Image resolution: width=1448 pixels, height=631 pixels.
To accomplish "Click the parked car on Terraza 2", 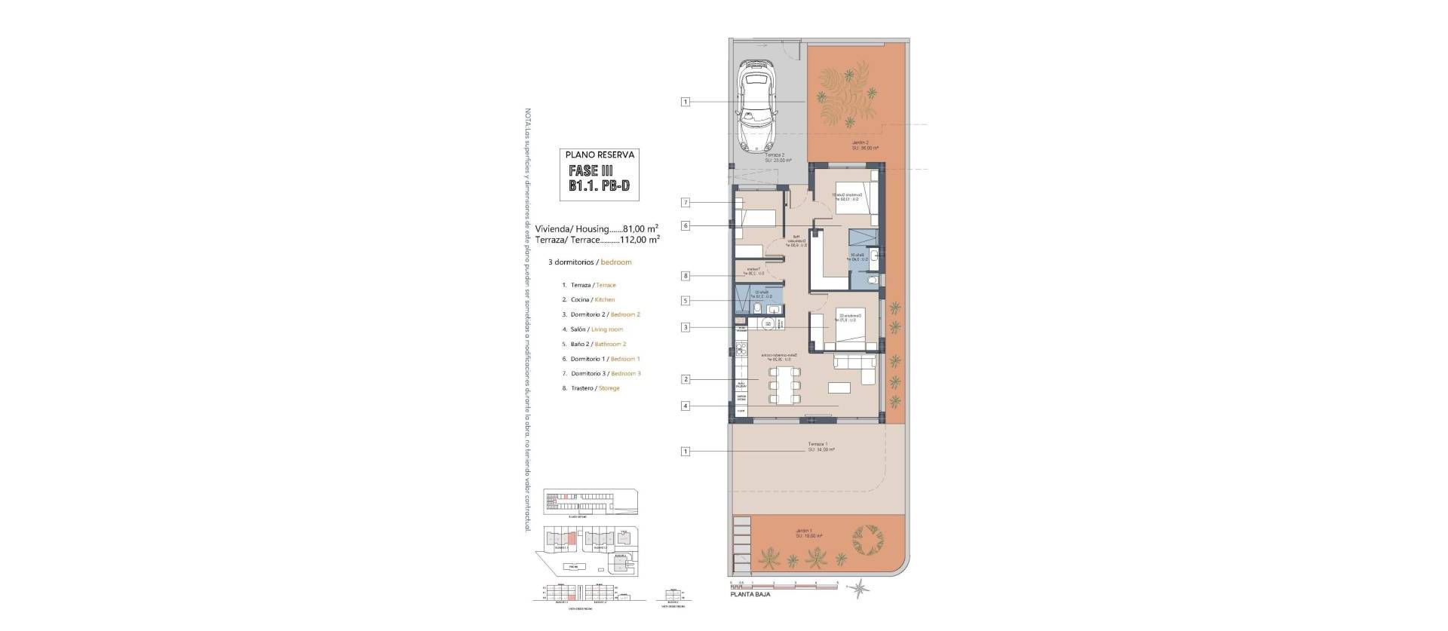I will [x=756, y=106].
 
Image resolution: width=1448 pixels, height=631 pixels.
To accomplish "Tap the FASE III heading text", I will [x=591, y=170].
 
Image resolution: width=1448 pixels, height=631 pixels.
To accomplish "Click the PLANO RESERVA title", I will [x=600, y=155].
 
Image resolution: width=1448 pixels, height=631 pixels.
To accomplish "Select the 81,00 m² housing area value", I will [x=641, y=228].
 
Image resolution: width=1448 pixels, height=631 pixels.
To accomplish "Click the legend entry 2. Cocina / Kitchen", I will [x=588, y=300].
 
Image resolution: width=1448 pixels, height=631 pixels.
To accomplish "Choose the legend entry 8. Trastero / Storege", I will [x=591, y=388].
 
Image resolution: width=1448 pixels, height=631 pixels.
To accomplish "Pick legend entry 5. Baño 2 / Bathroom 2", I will [x=594, y=344].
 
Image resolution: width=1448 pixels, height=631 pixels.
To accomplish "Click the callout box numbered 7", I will [x=686, y=203].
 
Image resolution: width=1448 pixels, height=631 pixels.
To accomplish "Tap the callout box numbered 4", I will [x=686, y=406].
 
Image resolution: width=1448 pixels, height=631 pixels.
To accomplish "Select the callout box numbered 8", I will [x=686, y=276].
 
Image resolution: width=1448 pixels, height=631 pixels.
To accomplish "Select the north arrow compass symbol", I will [x=857, y=587].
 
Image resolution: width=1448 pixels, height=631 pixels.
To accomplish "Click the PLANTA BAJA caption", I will [x=750, y=594].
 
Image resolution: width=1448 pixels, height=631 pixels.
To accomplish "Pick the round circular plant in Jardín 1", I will [x=867, y=541].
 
